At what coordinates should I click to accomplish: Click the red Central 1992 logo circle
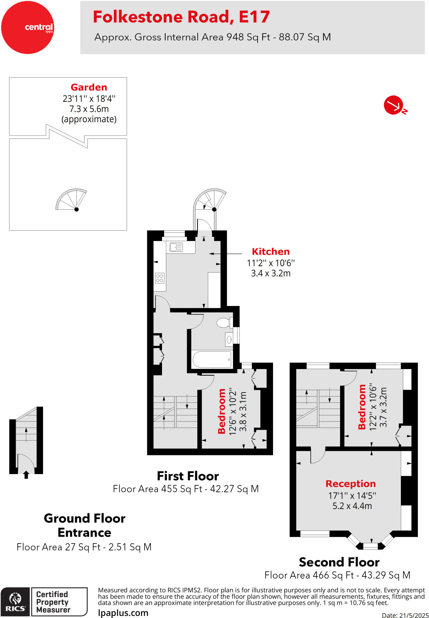point(27,27)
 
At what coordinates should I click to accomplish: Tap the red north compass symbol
point(394,105)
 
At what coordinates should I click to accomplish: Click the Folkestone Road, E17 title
point(181,17)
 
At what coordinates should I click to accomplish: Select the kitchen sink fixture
point(176,247)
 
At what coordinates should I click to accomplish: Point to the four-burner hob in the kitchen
point(160,278)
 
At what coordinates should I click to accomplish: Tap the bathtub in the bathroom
point(212,359)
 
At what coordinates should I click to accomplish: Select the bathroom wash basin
point(229,340)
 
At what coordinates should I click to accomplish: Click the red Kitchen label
point(271,251)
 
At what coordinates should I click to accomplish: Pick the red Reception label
point(351,483)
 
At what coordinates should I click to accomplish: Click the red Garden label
point(89,87)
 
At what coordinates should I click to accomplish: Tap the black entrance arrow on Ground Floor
point(26,475)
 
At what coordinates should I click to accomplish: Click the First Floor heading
point(188,476)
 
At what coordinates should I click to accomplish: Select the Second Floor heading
point(339,562)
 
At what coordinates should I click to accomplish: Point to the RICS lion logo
point(15,599)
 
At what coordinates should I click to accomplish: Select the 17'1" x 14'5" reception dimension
point(352,495)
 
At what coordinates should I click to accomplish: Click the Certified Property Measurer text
point(53,602)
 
